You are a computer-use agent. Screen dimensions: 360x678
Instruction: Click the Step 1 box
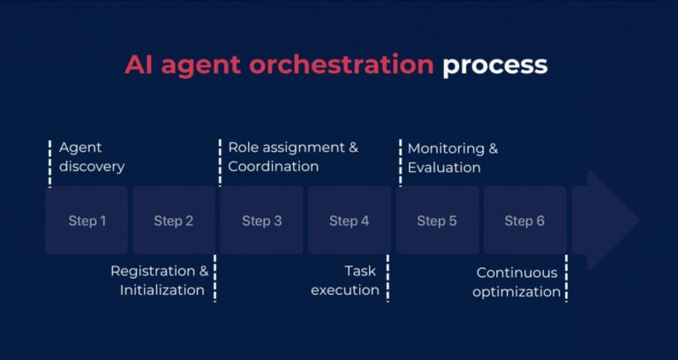click(x=87, y=221)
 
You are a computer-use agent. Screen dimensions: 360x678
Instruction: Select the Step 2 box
click(x=174, y=221)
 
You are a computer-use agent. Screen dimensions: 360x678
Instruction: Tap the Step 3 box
click(x=261, y=221)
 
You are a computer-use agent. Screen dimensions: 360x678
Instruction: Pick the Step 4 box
click(x=349, y=221)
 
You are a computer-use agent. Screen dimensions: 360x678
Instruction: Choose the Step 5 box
click(x=437, y=221)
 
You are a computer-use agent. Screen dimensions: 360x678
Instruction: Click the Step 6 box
click(x=524, y=221)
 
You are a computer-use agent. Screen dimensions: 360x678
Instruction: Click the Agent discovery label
click(x=92, y=157)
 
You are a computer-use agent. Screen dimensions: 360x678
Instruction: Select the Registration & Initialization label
click(x=160, y=280)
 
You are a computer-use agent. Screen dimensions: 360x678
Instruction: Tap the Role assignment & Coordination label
click(x=293, y=157)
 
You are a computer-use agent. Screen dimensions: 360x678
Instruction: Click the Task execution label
click(x=346, y=280)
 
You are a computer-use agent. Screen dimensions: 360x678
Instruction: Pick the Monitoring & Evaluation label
click(x=452, y=158)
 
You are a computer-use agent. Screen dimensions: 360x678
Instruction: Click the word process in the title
click(x=494, y=65)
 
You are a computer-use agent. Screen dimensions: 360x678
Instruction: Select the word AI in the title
click(x=139, y=64)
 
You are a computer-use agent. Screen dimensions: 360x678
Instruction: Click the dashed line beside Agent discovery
click(x=49, y=161)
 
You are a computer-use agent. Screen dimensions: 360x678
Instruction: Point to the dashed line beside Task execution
click(x=388, y=278)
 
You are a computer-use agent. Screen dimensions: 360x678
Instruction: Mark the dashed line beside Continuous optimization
click(x=566, y=278)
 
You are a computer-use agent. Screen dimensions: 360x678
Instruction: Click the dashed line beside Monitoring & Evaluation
click(x=401, y=161)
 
